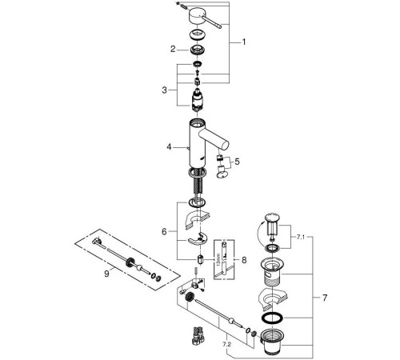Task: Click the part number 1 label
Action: point(246,42)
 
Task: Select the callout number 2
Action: point(171,49)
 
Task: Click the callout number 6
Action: point(165,230)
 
